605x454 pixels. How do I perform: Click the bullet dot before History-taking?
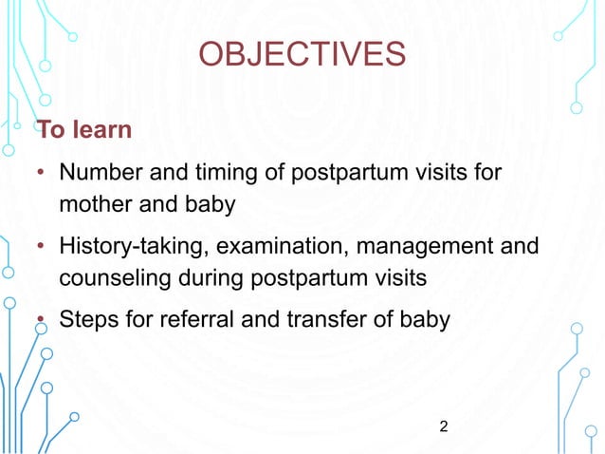click(42, 250)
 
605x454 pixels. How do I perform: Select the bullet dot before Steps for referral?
click(42, 320)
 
